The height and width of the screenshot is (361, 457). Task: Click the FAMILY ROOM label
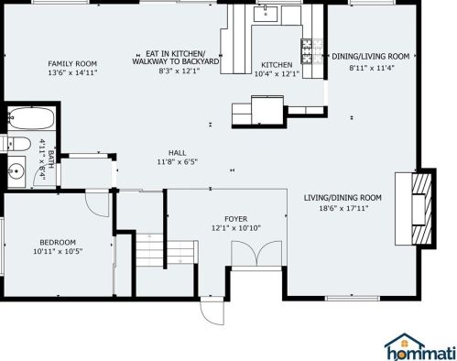pos(72,63)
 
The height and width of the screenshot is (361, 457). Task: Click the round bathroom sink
pos(16,170)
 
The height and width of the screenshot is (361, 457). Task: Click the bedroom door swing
pos(92,205)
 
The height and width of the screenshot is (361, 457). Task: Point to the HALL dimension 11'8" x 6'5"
pos(177,161)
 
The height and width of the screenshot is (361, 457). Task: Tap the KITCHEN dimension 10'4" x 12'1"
pos(276,73)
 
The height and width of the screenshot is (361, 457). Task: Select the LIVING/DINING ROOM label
pos(343,198)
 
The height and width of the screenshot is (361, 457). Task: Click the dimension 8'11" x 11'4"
pos(370,66)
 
